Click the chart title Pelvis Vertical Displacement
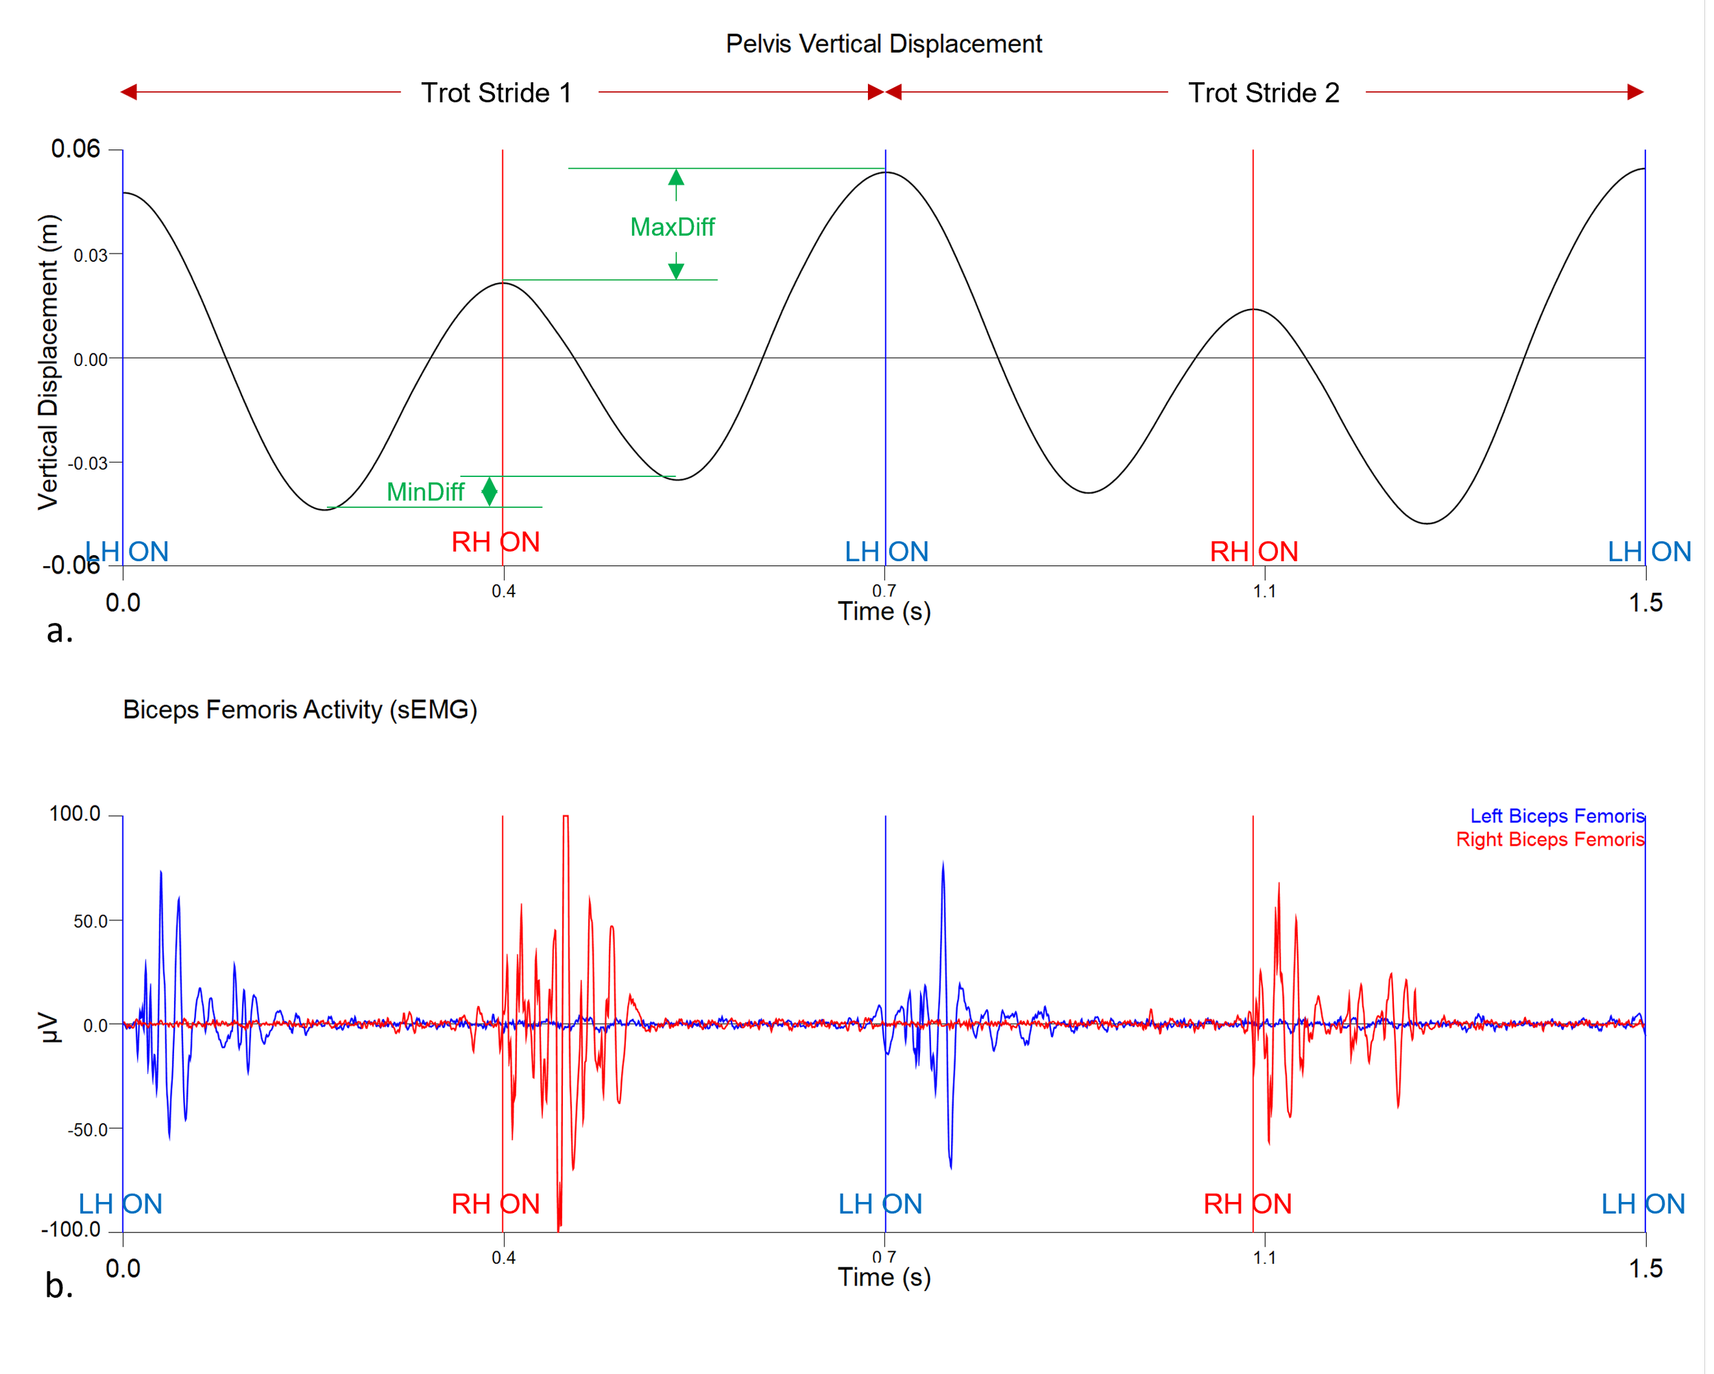pos(883,44)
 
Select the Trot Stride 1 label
pos(496,93)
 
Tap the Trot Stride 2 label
pos(1264,93)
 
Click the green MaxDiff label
pos(672,228)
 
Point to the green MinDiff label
pos(425,492)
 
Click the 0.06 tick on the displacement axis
pos(75,149)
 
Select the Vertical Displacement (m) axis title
pos(49,362)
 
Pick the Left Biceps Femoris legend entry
pos(1556,816)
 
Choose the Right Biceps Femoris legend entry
pos(1549,840)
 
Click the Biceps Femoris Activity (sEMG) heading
pos(300,710)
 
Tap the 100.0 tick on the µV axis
pos(75,813)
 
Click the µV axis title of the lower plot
pos(49,1027)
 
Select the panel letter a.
pos(60,632)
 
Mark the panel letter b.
pos(60,1286)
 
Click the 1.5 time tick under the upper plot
pos(1645,602)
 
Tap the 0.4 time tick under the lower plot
pos(503,1258)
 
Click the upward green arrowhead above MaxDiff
pos(676,176)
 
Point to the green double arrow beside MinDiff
pos(490,491)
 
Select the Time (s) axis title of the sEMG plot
pos(884,1277)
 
